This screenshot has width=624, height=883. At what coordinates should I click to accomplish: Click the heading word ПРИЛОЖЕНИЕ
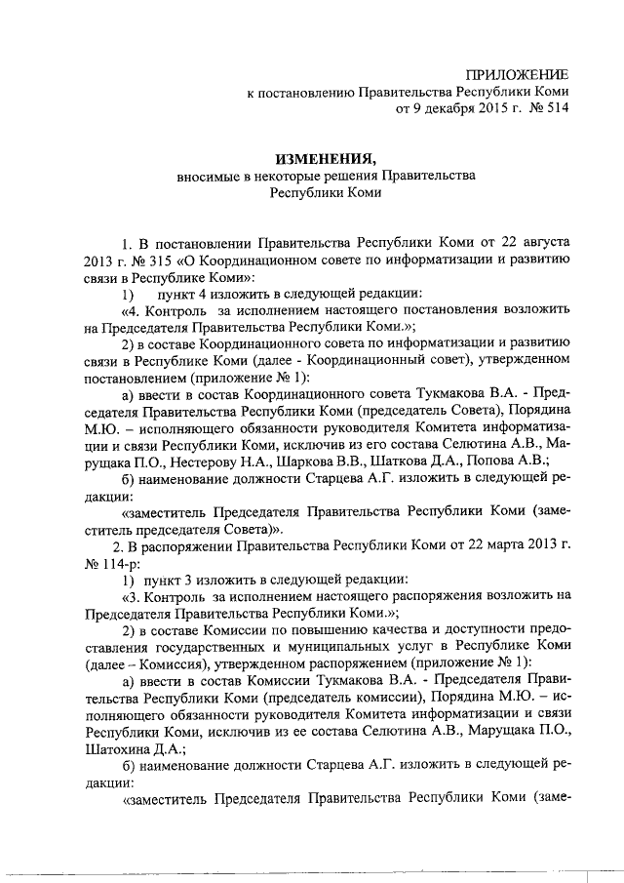[517, 75]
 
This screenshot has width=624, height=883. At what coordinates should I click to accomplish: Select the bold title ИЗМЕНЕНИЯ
[325, 158]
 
